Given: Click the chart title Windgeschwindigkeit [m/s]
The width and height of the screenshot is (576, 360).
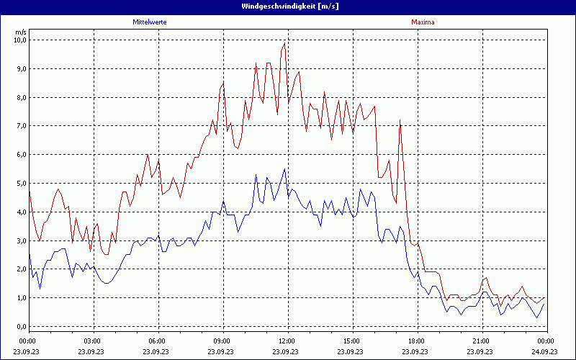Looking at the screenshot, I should click(287, 6).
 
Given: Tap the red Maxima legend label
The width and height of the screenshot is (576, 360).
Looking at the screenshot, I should click(423, 22).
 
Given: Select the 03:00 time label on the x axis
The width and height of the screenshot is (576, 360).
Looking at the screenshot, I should click(93, 341).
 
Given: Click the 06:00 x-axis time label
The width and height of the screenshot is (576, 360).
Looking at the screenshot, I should click(158, 341).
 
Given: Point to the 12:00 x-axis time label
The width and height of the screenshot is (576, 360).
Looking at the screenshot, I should click(287, 341).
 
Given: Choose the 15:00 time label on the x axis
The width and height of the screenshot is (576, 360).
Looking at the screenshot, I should click(352, 341).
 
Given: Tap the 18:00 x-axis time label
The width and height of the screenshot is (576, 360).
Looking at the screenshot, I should click(417, 341).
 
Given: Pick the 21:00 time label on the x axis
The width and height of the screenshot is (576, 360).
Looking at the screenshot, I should click(482, 341).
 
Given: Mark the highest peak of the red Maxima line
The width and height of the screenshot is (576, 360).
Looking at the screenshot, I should click(284, 42).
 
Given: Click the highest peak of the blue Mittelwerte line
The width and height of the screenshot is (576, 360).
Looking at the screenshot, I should click(284, 169).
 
